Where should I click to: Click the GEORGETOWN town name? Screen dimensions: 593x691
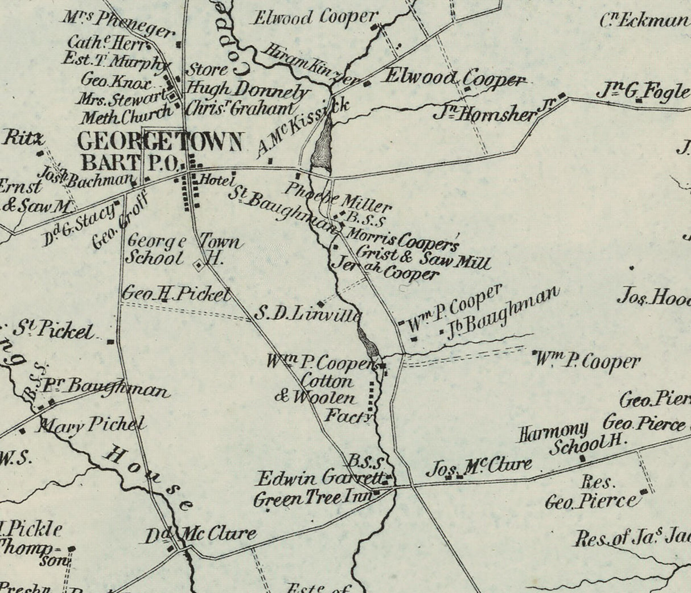coord(161,141)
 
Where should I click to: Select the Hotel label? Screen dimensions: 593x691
coord(217,180)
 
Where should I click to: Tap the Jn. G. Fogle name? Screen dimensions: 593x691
coord(642,92)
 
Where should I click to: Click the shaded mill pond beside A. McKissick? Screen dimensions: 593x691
coord(322,147)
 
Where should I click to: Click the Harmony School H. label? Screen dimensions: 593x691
coord(571,438)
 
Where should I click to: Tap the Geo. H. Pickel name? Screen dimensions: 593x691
coord(176,294)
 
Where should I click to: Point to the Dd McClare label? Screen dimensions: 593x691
coord(199,535)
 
